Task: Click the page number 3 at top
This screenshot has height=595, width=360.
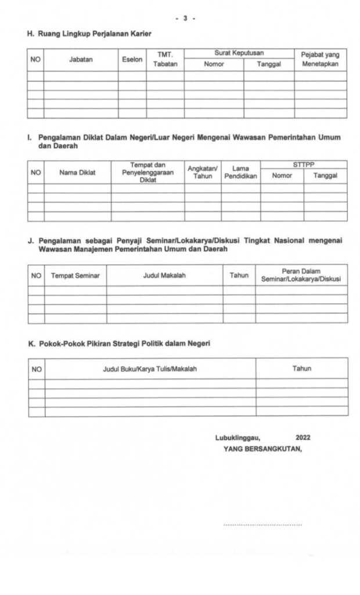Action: tap(185, 19)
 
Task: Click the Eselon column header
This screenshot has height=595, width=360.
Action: tap(132, 60)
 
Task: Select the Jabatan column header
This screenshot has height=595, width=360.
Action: tap(81, 60)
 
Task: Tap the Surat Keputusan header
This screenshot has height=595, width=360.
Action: tap(239, 53)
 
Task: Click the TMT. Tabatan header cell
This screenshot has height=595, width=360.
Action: tap(165, 60)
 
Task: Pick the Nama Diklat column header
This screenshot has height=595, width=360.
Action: tap(77, 172)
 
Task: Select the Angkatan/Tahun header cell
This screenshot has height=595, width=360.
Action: tap(203, 172)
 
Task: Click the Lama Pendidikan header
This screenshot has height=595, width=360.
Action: tap(240, 172)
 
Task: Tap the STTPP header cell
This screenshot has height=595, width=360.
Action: tap(303, 165)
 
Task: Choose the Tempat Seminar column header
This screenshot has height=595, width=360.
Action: tap(75, 275)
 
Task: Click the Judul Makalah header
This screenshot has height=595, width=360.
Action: tap(164, 275)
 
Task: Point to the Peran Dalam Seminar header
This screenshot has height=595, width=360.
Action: tap(301, 275)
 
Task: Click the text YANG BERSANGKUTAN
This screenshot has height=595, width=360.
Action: tap(262, 449)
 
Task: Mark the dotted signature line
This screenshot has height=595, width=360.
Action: tap(262, 525)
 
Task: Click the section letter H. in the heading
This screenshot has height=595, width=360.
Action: tap(31, 34)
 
